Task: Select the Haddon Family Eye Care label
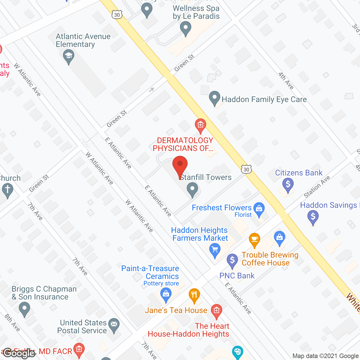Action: coord(264,99)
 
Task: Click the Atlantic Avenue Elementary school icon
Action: coord(69,56)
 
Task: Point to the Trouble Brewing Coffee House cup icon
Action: coord(254,240)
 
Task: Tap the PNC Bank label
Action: coord(237,276)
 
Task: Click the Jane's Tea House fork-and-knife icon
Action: coord(194,295)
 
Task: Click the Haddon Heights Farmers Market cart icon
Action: coord(215,249)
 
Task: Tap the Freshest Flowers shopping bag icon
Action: coord(259,208)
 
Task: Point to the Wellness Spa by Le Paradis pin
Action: coord(185,28)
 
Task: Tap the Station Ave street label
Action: coord(317,187)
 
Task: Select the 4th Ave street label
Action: coord(286,81)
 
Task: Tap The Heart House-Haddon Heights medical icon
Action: coord(216,311)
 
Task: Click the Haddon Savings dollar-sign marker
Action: coord(313,217)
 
